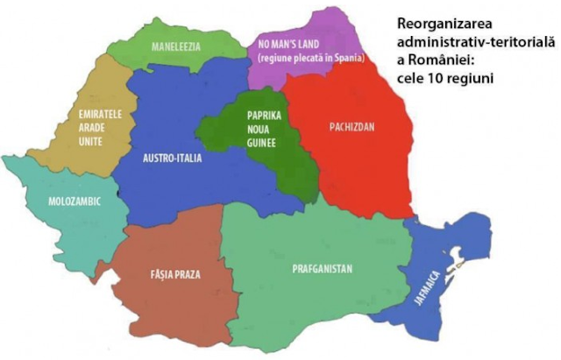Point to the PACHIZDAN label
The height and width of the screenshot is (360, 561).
pos(351,127)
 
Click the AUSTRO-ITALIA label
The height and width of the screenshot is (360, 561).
pos(172,159)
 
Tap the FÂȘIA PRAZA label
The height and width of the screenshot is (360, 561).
pos(175,274)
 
